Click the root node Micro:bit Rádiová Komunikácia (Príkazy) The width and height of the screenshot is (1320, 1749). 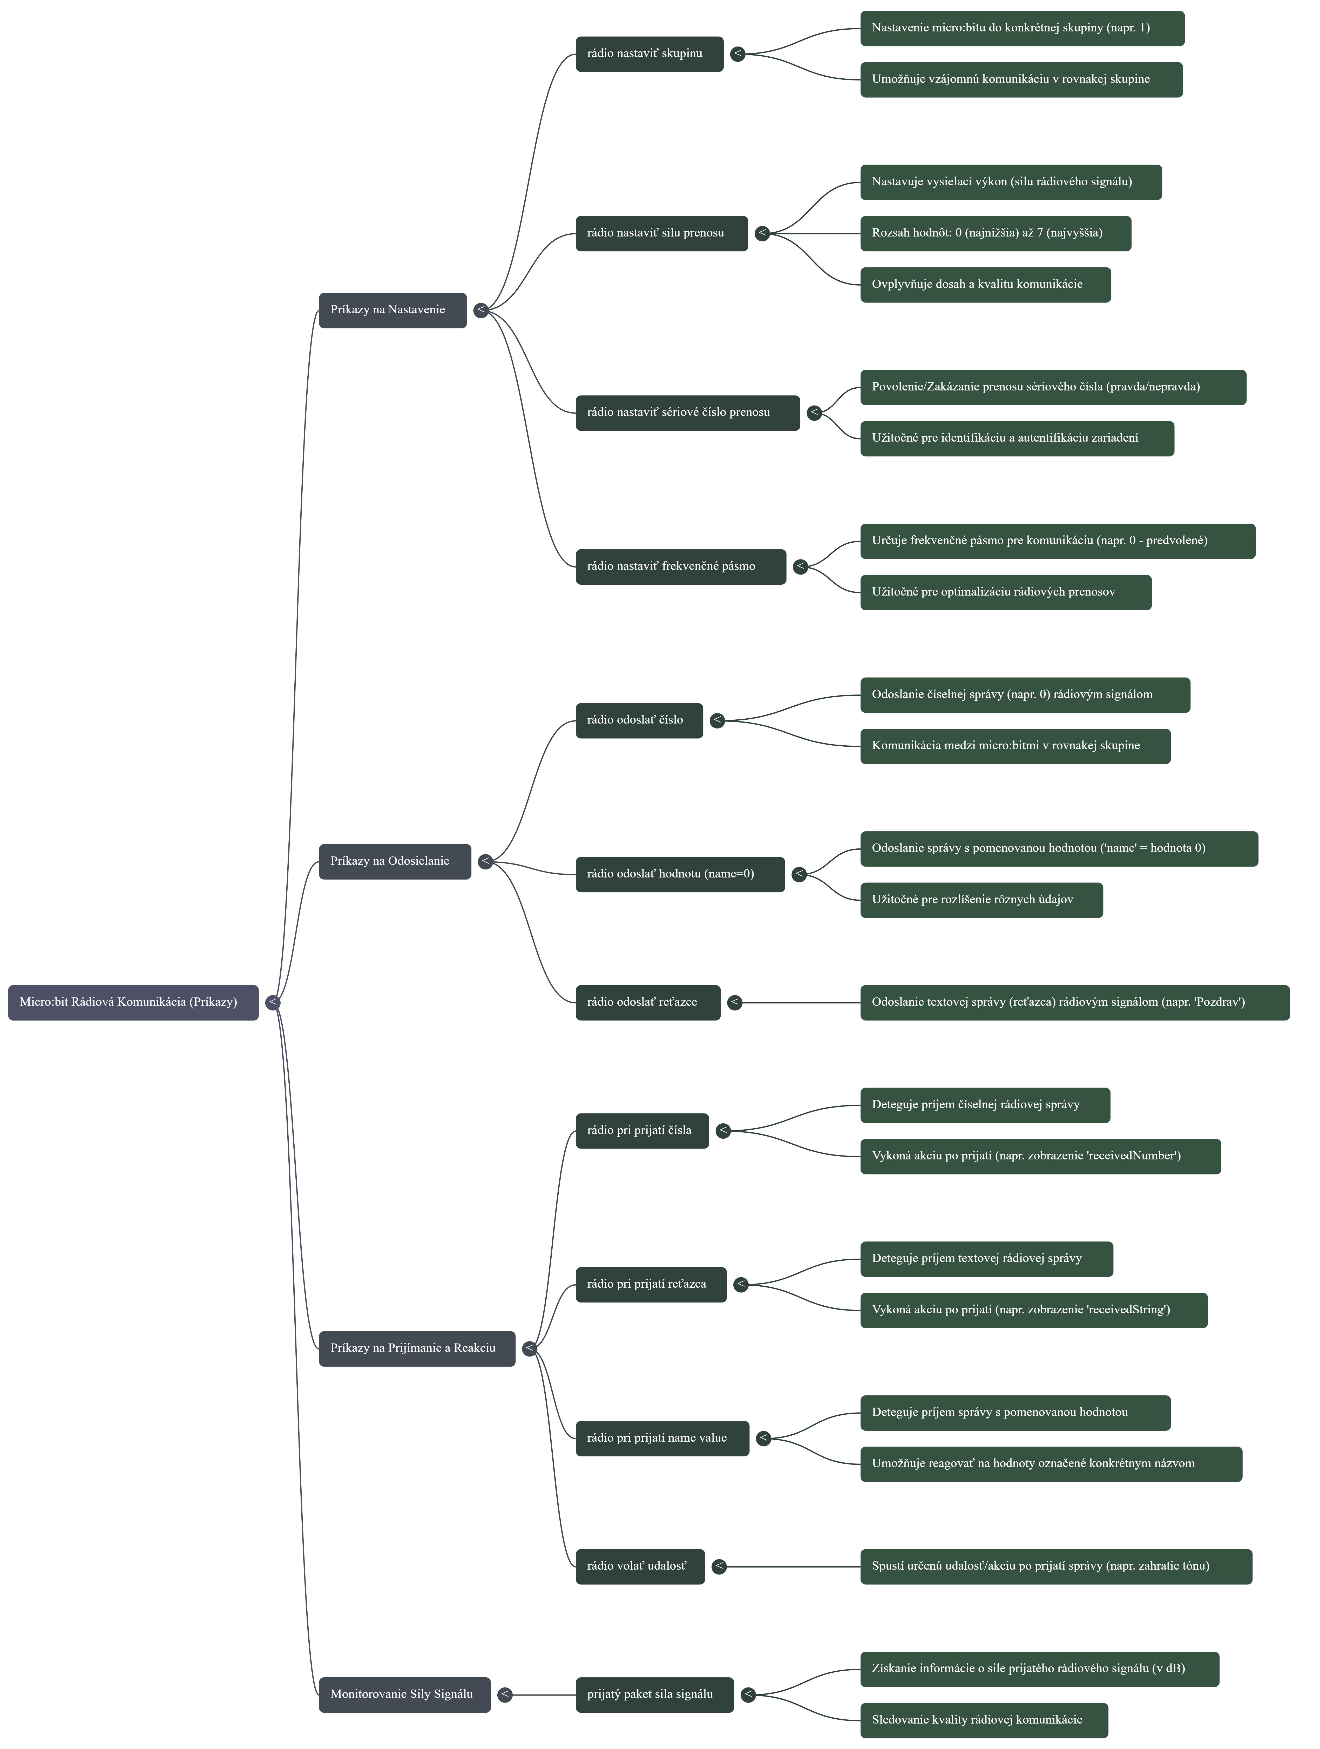click(133, 1002)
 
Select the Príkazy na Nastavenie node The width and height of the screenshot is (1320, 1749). click(392, 310)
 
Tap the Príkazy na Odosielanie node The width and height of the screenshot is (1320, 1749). click(394, 861)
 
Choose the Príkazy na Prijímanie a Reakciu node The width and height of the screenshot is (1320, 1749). click(417, 1348)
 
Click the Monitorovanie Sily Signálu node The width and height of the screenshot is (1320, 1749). click(404, 1694)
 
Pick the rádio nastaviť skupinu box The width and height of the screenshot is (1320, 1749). click(649, 54)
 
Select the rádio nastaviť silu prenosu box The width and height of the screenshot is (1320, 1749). click(661, 233)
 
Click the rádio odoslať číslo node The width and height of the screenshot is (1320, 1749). click(639, 720)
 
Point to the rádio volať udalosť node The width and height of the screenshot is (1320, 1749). click(639, 1566)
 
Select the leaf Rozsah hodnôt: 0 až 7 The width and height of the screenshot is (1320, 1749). click(995, 233)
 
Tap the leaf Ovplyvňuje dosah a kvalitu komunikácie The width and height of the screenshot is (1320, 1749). click(985, 285)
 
